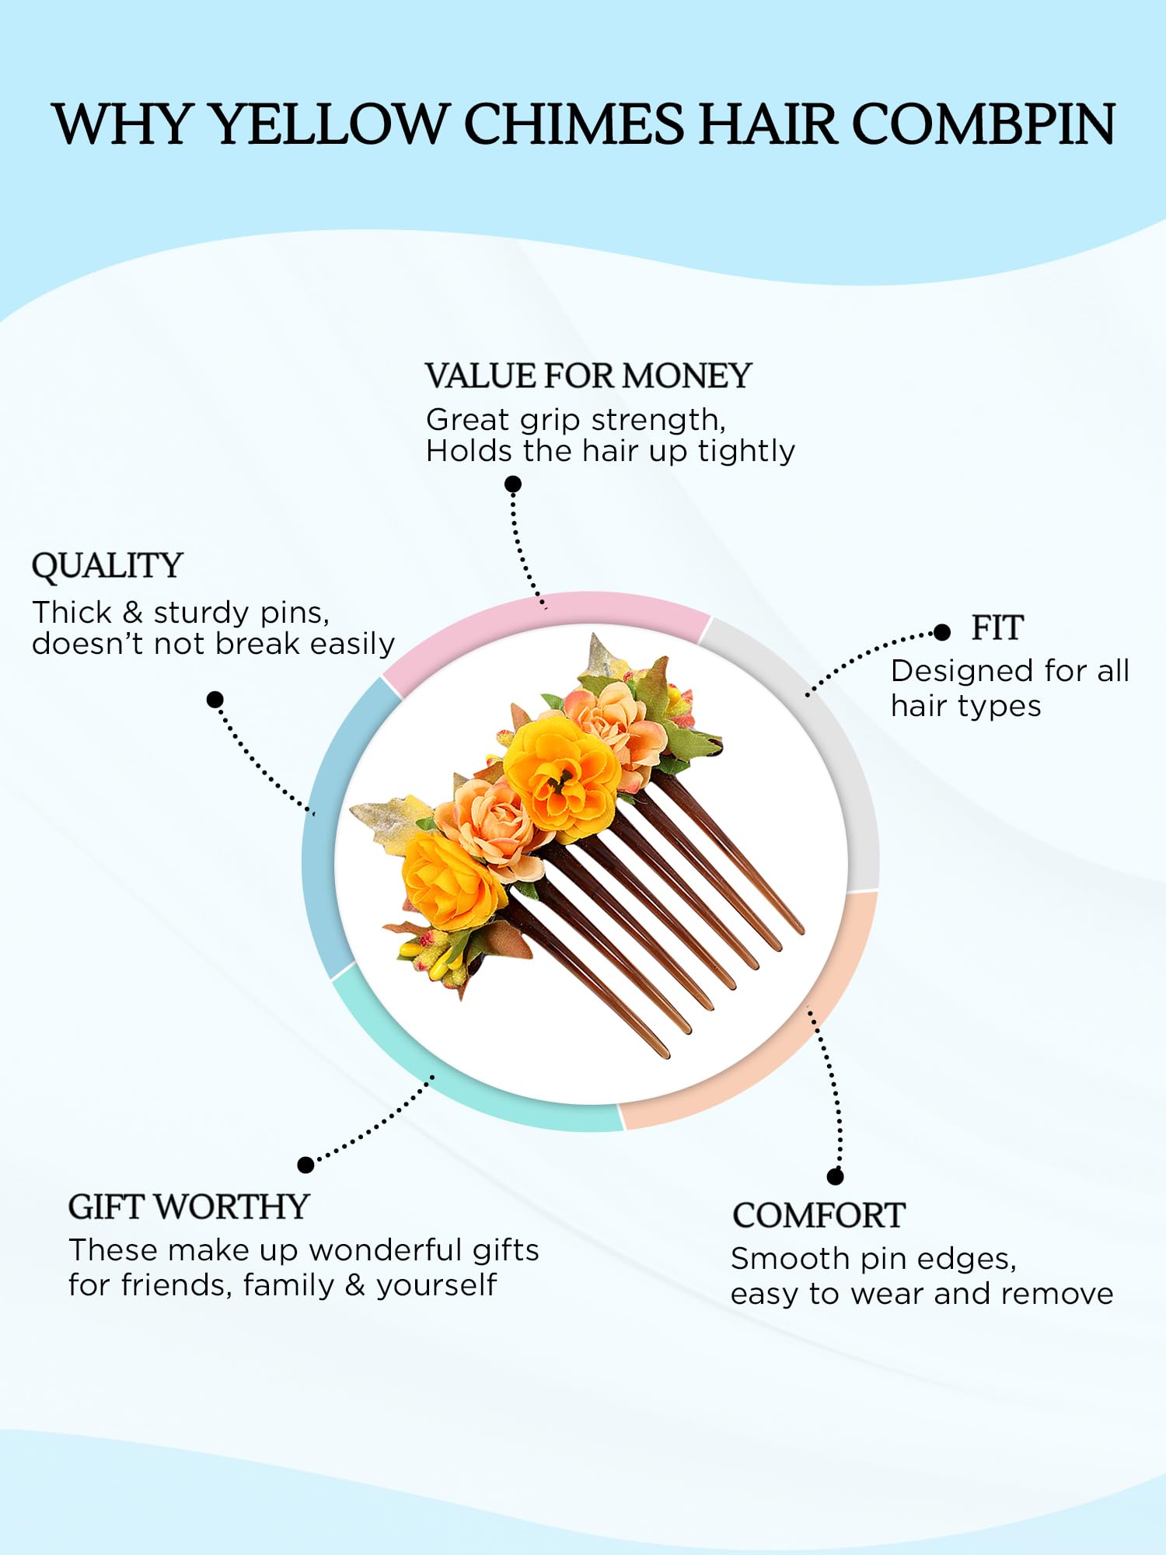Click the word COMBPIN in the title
(984, 124)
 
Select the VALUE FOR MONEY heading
(588, 376)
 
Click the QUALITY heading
(107, 566)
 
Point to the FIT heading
(997, 628)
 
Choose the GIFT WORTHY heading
(189, 1207)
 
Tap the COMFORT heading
(819, 1216)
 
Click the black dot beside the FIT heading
(942, 632)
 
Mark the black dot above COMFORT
(836, 1176)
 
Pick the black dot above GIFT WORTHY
(305, 1165)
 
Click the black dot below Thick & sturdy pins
(215, 700)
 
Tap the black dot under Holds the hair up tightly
(513, 484)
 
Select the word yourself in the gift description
(436, 1286)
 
